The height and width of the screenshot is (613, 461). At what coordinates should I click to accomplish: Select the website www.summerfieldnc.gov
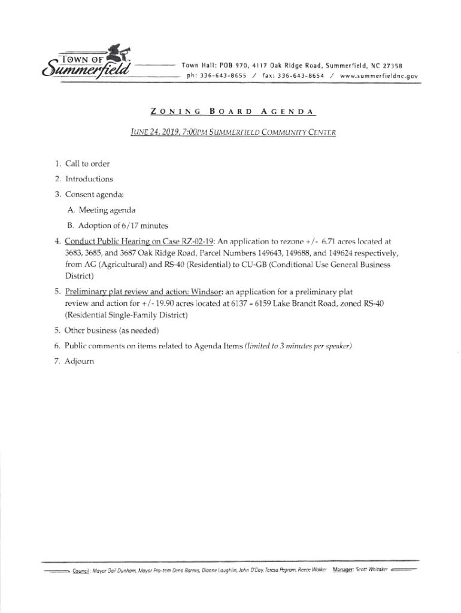(x=378, y=77)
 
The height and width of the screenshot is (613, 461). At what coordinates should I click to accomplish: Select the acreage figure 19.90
(x=136, y=304)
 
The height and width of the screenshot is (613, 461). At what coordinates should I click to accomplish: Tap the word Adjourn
(x=80, y=362)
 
